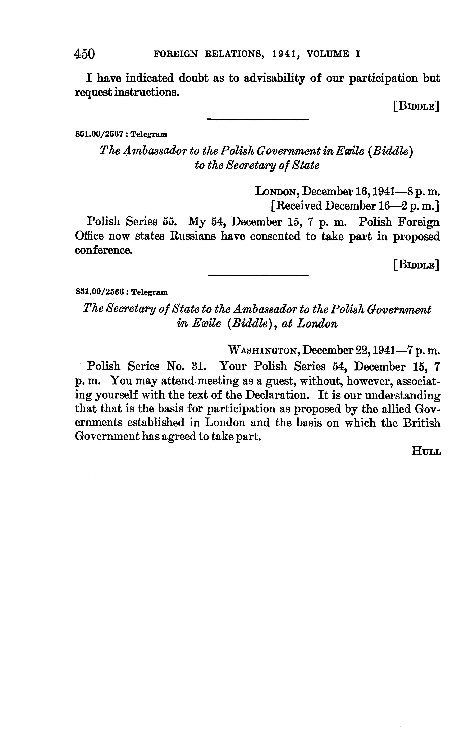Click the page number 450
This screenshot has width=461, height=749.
coord(84,54)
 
